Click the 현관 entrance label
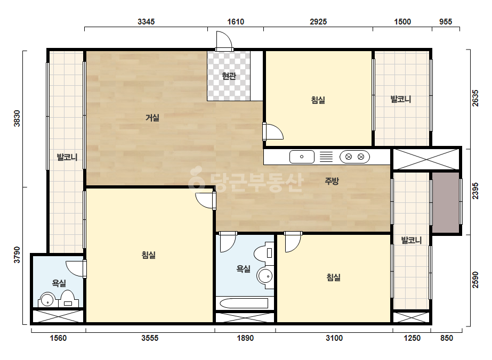click(x=229, y=76)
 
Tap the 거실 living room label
click(x=152, y=118)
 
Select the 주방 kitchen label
click(x=332, y=181)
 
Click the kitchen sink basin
click(x=302, y=157)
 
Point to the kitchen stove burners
click(x=354, y=157)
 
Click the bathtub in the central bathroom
click(x=244, y=303)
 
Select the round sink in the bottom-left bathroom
click(x=47, y=300)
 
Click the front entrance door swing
click(x=224, y=41)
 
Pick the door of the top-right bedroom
click(x=273, y=132)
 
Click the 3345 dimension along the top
click(x=146, y=22)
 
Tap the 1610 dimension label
click(x=236, y=22)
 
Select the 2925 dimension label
click(x=318, y=22)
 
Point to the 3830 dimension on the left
click(x=17, y=119)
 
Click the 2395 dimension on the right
click(x=475, y=191)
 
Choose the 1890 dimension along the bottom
click(x=245, y=338)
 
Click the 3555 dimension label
click(x=150, y=338)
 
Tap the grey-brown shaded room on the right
click(x=446, y=202)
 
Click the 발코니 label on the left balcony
click(x=67, y=157)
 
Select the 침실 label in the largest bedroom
click(x=149, y=255)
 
